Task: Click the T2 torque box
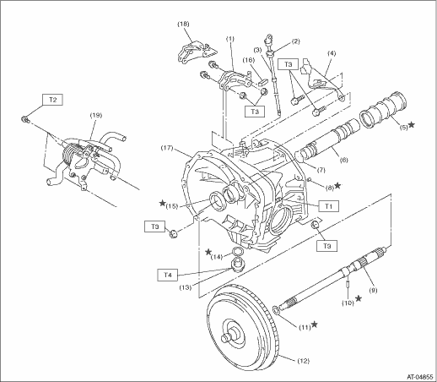point(52,100)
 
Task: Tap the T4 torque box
point(168,275)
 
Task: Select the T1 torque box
point(328,206)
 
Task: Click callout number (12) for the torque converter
point(302,361)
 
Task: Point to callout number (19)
point(96,116)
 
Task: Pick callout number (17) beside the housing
point(168,148)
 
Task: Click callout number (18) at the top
point(183,24)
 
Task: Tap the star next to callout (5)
point(412,124)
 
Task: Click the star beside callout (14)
point(208,252)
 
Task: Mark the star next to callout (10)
point(359,298)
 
